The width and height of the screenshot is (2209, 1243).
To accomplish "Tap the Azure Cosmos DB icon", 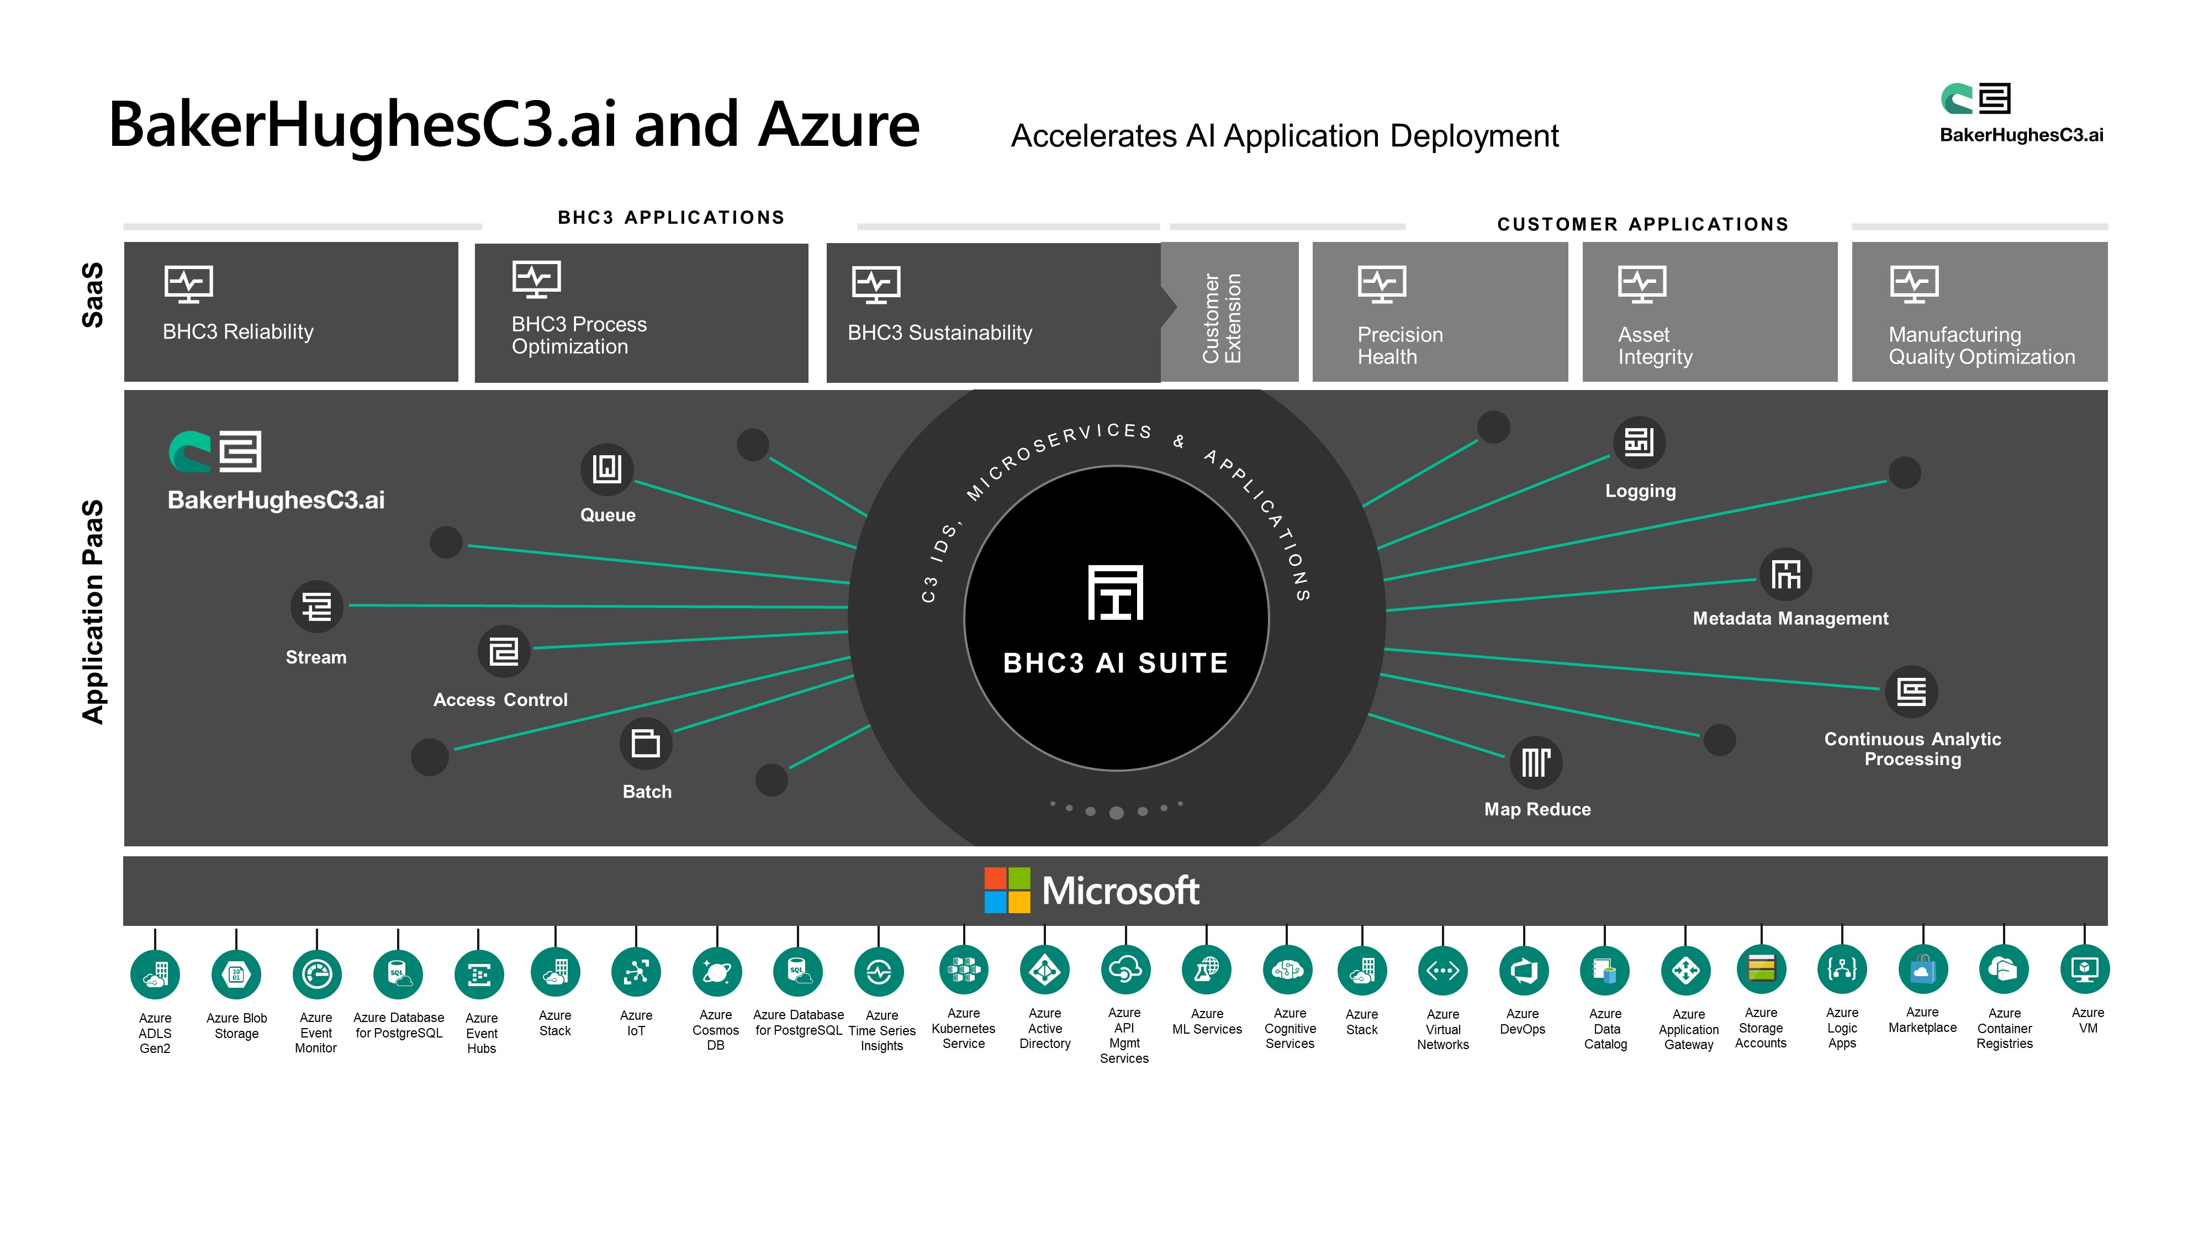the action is click(x=717, y=972).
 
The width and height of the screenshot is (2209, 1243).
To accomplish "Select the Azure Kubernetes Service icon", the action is click(x=964, y=970).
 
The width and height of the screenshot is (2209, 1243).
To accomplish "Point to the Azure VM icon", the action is click(x=2085, y=970).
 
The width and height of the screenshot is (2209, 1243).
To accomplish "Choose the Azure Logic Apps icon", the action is click(x=1842, y=970).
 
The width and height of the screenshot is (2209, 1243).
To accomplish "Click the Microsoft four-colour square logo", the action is click(x=1007, y=889).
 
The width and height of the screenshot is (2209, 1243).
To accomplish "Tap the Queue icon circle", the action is click(x=607, y=469).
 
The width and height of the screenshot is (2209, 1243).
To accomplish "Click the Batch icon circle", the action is click(x=646, y=743).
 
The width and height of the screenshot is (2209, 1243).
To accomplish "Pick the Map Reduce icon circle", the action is click(x=1536, y=762).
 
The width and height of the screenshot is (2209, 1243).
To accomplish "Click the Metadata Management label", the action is click(x=1790, y=619).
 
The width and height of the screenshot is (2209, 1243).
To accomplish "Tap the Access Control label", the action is click(x=500, y=700).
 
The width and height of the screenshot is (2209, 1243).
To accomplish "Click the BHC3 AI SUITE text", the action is click(x=1116, y=663).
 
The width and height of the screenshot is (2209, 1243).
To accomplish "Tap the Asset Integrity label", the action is click(x=1655, y=346).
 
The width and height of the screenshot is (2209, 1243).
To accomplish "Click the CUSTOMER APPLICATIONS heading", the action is click(x=1643, y=224).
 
